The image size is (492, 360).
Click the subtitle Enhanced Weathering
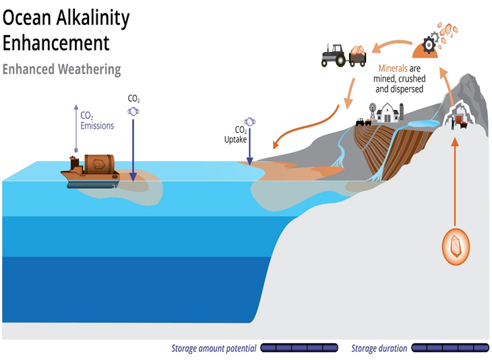[62, 69]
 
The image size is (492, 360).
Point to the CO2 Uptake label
[242, 134]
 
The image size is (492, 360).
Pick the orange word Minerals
[393, 68]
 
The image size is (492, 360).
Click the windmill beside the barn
[370, 111]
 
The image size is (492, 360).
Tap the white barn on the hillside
[389, 111]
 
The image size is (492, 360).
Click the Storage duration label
[379, 349]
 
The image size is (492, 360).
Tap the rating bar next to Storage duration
[450, 349]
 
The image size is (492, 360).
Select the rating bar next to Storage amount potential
[299, 349]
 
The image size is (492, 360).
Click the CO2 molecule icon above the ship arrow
[133, 109]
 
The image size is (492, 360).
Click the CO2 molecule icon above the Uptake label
[250, 121]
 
